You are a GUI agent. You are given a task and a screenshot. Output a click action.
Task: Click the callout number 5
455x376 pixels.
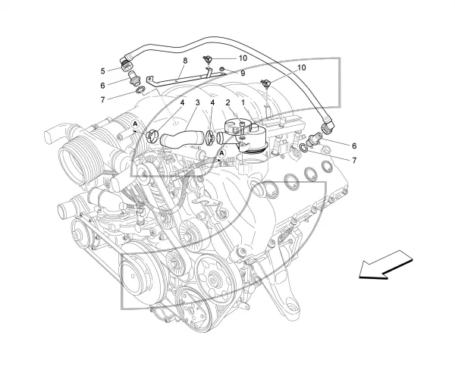tap(102, 70)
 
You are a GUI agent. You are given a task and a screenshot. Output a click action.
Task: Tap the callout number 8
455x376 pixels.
tap(185, 61)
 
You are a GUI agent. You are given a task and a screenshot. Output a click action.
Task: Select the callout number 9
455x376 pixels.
tap(243, 74)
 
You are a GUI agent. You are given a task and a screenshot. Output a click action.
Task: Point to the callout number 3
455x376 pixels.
tap(198, 102)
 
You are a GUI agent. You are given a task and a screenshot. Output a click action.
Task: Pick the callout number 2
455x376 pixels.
tap(227, 102)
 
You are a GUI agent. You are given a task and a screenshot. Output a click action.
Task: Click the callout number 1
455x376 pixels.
tap(243, 102)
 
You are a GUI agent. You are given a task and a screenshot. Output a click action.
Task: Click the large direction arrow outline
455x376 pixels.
tap(386, 265)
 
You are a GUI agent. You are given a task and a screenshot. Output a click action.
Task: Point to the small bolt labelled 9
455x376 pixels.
tap(222, 70)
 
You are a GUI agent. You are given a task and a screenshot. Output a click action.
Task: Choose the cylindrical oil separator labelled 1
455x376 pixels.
tap(246, 136)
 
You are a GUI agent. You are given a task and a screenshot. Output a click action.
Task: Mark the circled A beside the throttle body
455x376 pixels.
tap(135, 124)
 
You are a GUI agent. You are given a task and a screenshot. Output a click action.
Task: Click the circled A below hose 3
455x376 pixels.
tap(222, 153)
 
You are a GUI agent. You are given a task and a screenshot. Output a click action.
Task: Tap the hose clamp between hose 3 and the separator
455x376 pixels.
tap(210, 137)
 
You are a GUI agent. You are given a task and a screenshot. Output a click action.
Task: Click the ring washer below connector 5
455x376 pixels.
tap(140, 90)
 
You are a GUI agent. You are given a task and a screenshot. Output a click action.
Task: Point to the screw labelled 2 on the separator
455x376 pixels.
tap(243, 129)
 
